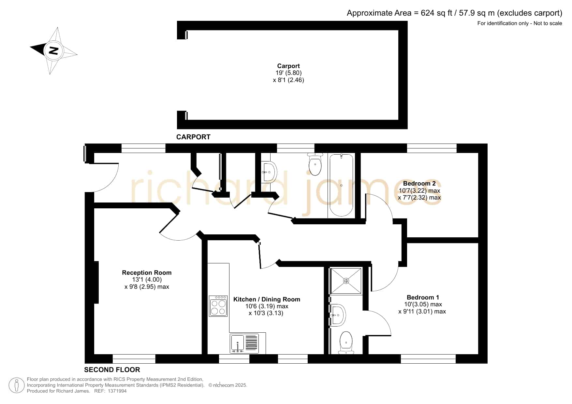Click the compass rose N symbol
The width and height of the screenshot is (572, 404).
53,50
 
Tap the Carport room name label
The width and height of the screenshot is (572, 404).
288,66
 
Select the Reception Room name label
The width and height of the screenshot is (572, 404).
147,273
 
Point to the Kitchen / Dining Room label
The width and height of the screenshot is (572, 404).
267,300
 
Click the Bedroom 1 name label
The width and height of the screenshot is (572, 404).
423,298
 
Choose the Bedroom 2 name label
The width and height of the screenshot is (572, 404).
419,184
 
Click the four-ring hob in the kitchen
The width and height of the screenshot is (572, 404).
218,306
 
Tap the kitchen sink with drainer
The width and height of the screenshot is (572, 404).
244,343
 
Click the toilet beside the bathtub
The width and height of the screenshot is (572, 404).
315,164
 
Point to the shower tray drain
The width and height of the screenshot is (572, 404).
346,281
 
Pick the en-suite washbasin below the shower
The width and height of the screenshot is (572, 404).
338,315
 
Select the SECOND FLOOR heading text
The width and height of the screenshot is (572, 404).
112,370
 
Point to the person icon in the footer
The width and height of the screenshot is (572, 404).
16,385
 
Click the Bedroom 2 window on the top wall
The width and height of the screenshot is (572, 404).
432,148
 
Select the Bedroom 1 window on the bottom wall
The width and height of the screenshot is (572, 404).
428,359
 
